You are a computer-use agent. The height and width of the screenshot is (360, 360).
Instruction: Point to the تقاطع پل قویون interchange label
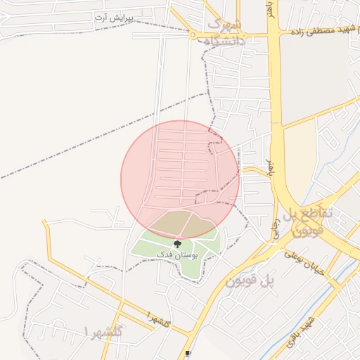click(x=313, y=220)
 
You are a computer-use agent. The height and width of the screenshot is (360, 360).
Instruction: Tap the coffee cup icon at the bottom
click(x=187, y=354)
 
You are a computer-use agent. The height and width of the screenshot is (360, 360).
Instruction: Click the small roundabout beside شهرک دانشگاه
click(x=193, y=34)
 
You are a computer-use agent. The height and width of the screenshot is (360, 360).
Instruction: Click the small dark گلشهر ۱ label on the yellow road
click(x=157, y=320)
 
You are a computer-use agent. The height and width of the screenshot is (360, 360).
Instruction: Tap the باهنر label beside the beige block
click(x=270, y=168)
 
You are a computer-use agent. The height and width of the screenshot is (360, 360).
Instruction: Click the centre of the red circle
click(x=180, y=179)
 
